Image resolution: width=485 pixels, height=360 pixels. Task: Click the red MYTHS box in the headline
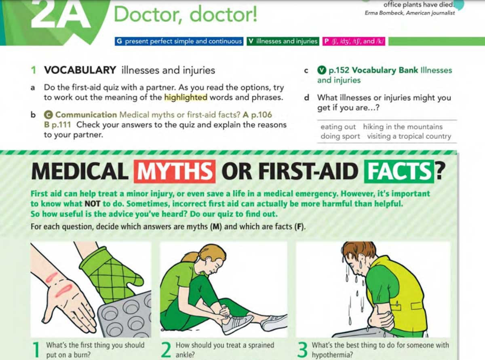pos(174,171)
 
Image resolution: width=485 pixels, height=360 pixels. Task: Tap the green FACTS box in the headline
pos(398,171)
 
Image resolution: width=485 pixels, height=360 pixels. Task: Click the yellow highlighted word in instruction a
pos(186,97)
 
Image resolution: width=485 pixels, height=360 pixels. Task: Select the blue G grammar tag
pos(179,41)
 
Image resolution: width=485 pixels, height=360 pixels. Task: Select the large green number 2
pos(166,349)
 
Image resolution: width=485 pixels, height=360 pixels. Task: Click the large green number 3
pos(302,349)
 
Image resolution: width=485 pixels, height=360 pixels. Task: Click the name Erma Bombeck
pos(380,13)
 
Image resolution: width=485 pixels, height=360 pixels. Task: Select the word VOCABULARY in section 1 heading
pos(80,70)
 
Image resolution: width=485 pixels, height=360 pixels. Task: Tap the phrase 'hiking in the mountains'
pos(403,127)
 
